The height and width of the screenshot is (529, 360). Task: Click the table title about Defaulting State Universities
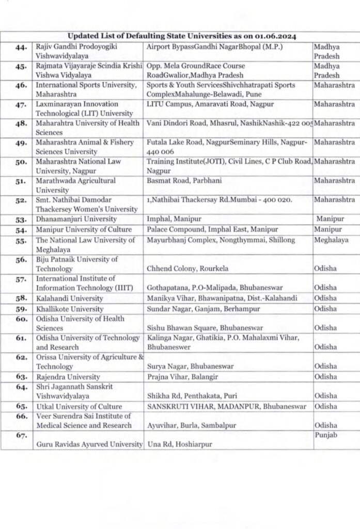[x=181, y=36]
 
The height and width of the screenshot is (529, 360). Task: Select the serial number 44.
[x=21, y=47]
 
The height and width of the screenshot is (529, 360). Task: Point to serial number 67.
[x=21, y=435]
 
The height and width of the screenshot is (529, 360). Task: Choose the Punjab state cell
[x=325, y=435]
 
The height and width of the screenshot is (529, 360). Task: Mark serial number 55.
[x=21, y=241]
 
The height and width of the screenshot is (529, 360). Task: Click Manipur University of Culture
[x=84, y=230]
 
